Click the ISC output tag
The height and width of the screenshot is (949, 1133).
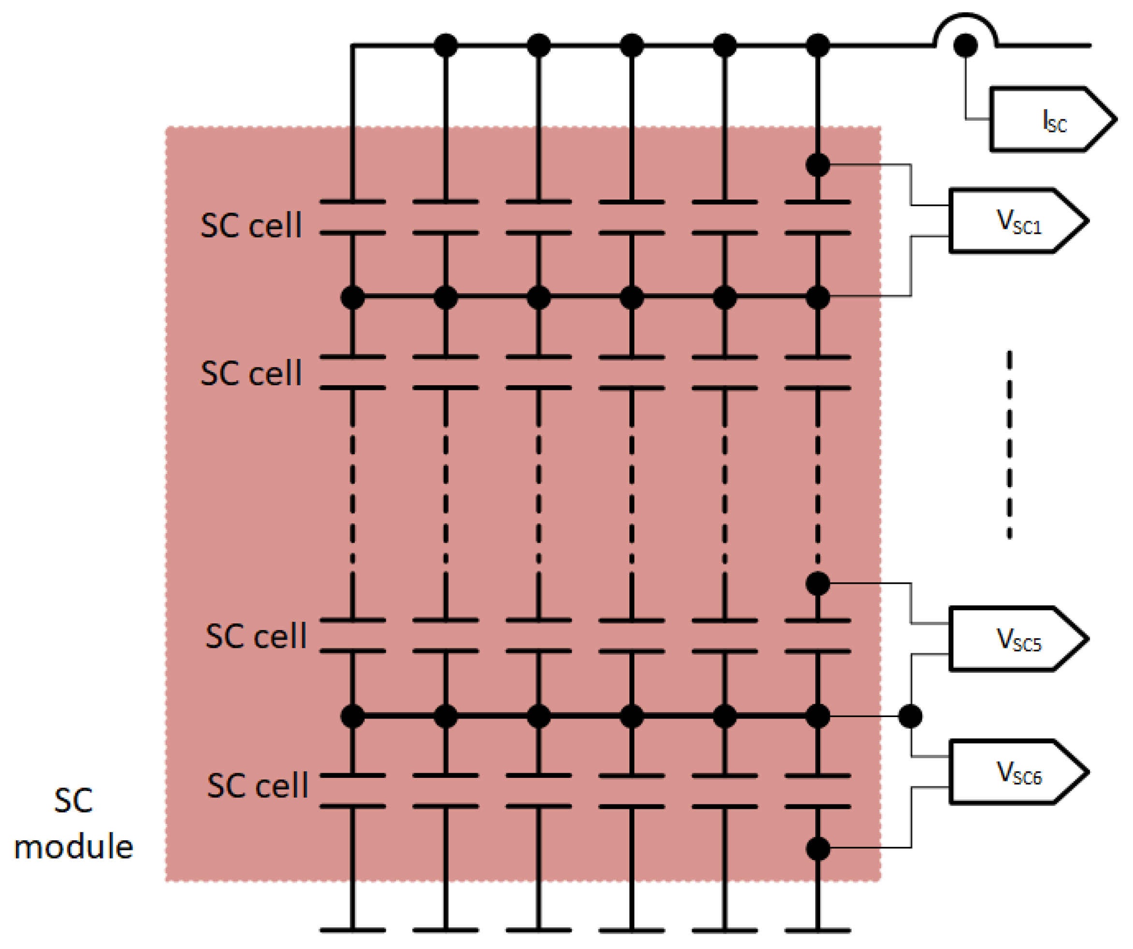(1049, 119)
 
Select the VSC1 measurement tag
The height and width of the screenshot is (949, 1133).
(1014, 220)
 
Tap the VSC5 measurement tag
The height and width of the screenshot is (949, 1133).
(1014, 639)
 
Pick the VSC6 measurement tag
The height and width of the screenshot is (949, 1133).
(1014, 772)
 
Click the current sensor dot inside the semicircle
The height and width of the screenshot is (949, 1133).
(965, 45)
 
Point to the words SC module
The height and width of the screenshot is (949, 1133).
(73, 823)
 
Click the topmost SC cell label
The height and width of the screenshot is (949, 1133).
(251, 225)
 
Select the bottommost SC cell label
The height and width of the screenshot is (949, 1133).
(257, 786)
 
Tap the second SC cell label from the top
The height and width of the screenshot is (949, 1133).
(251, 373)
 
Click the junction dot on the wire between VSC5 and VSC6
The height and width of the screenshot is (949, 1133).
(910, 717)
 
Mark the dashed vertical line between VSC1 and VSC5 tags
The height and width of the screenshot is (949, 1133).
(1009, 445)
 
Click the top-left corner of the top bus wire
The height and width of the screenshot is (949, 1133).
(352, 46)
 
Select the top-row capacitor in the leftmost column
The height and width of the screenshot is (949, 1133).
(352, 217)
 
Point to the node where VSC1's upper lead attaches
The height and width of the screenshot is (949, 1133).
(818, 165)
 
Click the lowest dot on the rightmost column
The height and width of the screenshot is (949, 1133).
(818, 848)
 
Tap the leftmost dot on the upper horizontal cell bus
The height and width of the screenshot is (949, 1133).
(352, 297)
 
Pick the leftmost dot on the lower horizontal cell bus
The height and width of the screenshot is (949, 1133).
(352, 717)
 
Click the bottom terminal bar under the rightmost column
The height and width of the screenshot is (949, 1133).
(818, 930)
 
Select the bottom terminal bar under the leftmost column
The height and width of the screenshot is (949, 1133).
(352, 930)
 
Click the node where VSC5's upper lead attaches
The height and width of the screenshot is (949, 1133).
(818, 583)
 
